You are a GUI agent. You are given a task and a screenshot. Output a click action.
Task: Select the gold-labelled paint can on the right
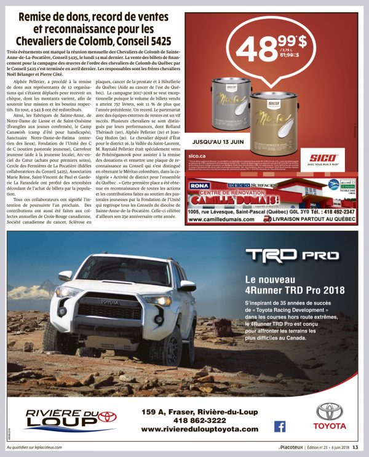click(x=273, y=120)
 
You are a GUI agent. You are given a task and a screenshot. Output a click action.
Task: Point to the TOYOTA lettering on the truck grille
click(x=109, y=301)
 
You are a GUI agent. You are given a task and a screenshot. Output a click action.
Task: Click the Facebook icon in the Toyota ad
click(x=280, y=426)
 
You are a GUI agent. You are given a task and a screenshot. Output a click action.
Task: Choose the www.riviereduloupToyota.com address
click(x=199, y=429)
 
